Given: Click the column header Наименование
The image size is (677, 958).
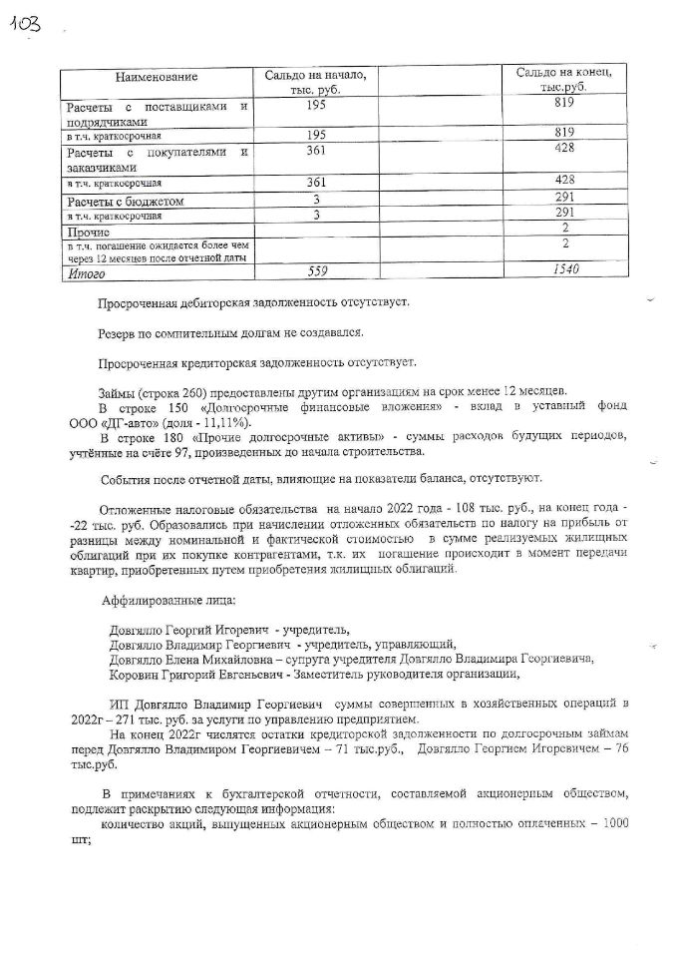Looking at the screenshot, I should [x=157, y=78].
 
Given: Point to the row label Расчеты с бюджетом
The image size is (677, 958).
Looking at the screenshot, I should [x=122, y=202].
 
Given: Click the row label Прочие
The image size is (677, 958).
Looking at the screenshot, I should [x=90, y=231].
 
